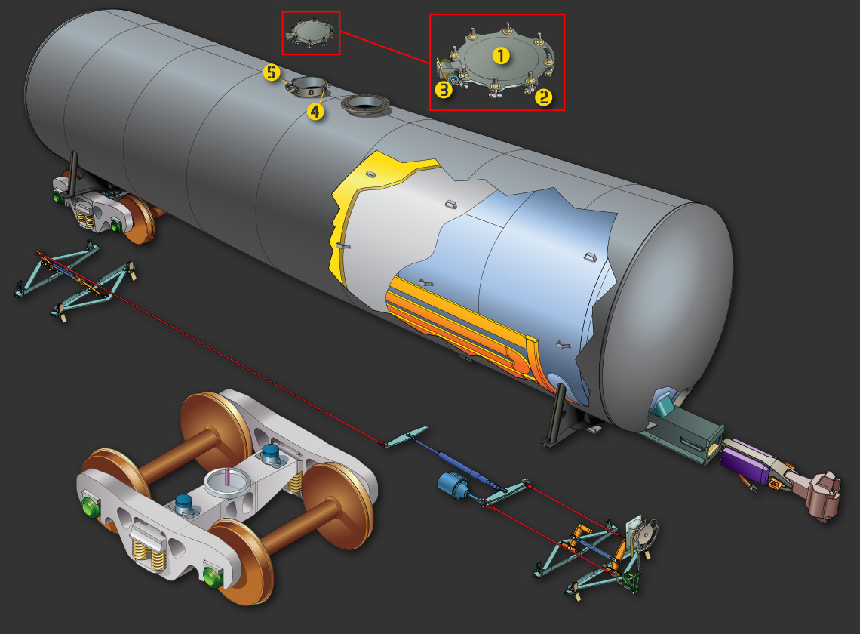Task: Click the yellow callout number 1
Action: (x=500, y=56)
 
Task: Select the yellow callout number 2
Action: (x=543, y=97)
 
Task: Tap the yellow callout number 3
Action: (x=444, y=90)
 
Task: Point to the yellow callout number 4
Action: (x=315, y=112)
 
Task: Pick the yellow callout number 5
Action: (x=272, y=72)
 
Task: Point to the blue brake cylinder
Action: (x=453, y=486)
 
